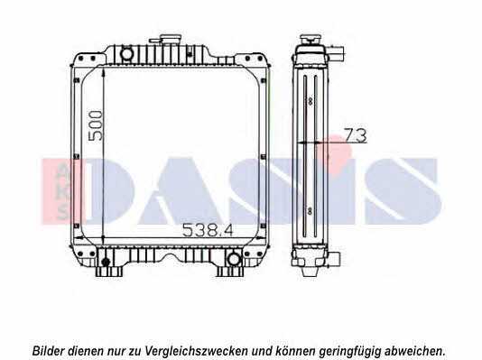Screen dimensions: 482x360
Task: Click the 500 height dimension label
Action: click(96, 126)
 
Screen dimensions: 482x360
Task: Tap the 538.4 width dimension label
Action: click(209, 230)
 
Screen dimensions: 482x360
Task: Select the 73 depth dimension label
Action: click(356, 135)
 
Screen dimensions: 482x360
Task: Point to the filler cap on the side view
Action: click(311, 40)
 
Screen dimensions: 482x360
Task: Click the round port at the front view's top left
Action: click(126, 53)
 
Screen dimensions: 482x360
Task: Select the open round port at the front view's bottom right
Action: click(234, 259)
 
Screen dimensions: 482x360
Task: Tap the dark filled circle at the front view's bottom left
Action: click(106, 262)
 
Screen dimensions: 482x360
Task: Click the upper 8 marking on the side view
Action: click(311, 101)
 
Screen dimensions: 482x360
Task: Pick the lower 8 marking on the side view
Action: click(310, 211)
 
